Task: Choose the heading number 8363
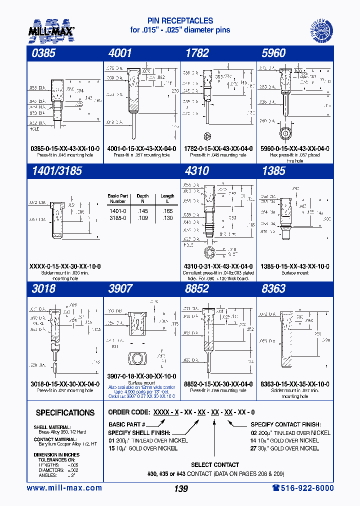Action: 273,289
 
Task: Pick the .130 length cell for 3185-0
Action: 167,218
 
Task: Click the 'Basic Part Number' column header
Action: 118,198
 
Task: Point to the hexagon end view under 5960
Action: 285,133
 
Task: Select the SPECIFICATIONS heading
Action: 65,413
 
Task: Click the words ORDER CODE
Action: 128,412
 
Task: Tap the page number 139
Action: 180,488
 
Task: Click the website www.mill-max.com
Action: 64,488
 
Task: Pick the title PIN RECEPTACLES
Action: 180,21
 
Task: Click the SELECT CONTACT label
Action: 215,464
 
